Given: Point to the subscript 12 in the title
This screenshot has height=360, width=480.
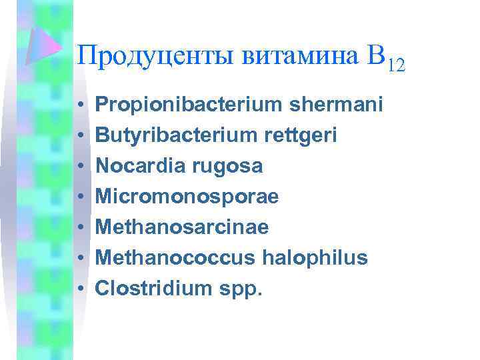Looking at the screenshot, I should (x=395, y=65).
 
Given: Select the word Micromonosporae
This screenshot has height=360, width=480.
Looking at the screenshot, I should (x=187, y=197).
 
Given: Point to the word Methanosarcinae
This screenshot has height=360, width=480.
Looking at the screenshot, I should (x=182, y=227).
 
